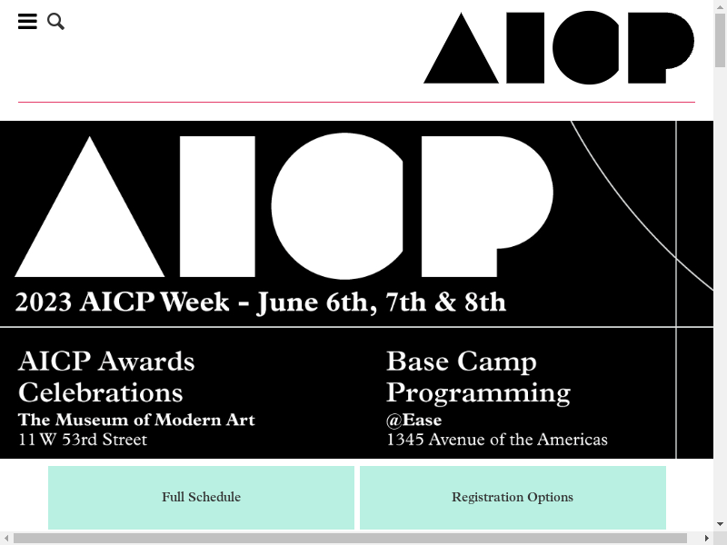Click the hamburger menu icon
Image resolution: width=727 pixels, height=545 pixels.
coord(27,21)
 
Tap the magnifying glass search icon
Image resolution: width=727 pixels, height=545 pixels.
coord(55,21)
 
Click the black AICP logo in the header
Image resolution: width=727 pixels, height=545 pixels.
coord(559,48)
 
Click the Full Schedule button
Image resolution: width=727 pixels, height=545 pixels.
coord(201,497)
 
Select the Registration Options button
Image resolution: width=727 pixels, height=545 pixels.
coord(513,497)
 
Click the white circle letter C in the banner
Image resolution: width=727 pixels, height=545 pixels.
coord(337,206)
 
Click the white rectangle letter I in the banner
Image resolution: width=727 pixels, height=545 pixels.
coord(217,207)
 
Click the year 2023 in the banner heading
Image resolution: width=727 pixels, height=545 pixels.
coord(44,302)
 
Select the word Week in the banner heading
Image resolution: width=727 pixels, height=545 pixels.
coord(194,302)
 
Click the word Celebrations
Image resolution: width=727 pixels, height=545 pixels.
coord(101,393)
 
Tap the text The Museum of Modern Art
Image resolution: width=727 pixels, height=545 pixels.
coord(137,420)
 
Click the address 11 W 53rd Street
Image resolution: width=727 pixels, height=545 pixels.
coord(83,440)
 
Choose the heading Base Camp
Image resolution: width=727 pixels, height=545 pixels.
coord(462,362)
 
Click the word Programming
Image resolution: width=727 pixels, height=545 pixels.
coord(479,394)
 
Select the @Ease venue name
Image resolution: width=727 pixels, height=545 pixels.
coord(414,420)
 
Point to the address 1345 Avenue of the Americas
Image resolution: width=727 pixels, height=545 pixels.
coord(497,440)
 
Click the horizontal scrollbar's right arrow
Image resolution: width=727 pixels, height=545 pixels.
coord(707,538)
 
